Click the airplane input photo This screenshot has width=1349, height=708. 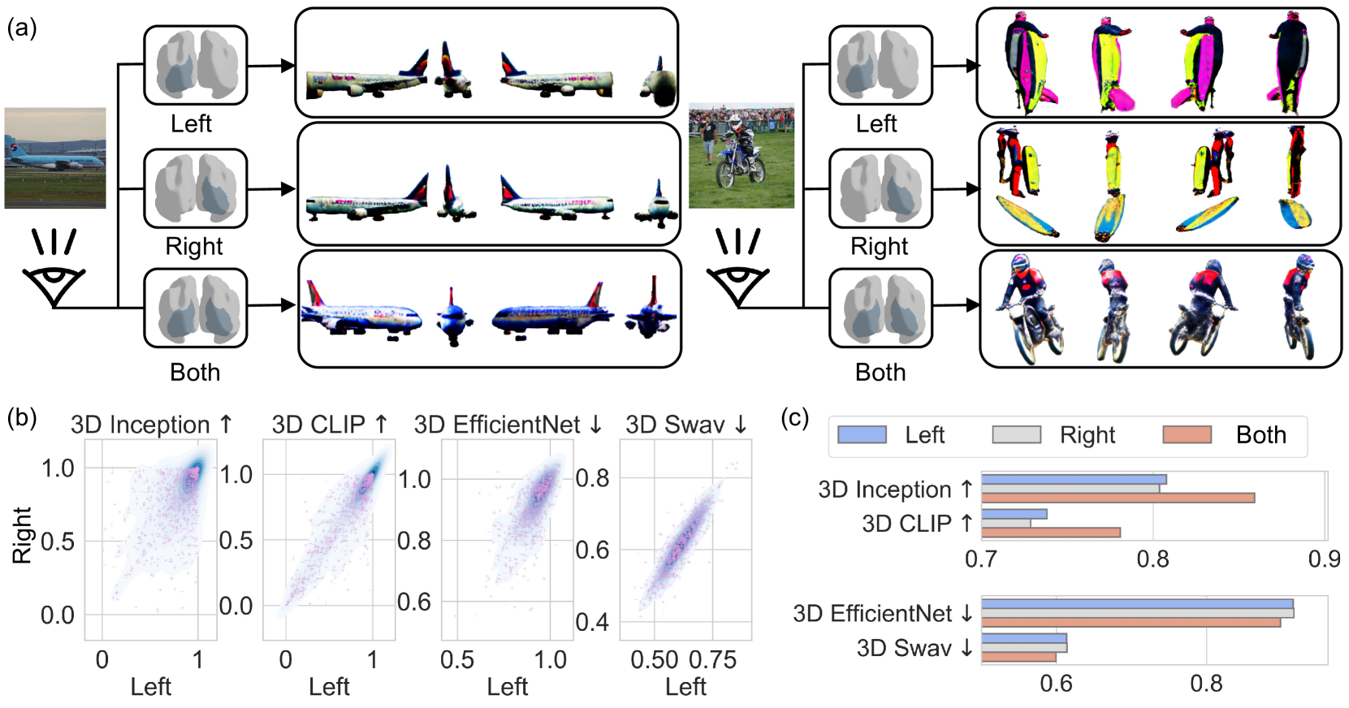click(x=55, y=158)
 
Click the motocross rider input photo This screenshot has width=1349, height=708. click(x=741, y=155)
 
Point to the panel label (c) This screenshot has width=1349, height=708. click(x=794, y=417)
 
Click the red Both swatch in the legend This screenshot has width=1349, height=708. click(x=1187, y=435)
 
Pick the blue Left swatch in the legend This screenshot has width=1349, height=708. click(x=861, y=435)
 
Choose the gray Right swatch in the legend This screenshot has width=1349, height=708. click(x=1016, y=435)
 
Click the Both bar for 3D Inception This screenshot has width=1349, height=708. click(x=1118, y=498)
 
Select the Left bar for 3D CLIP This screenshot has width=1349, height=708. click(x=1014, y=514)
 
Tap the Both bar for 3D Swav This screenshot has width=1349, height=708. click(x=1018, y=657)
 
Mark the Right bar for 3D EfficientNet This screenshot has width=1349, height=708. click(x=1137, y=613)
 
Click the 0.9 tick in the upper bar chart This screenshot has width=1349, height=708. click(x=1324, y=559)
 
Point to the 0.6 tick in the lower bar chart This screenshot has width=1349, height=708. click(x=1056, y=684)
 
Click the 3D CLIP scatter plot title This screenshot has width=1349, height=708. click(x=329, y=425)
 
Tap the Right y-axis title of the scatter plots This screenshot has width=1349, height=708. click(x=22, y=535)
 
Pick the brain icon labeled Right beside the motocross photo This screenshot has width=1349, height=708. click(x=880, y=188)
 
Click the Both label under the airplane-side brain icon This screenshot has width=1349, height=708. click(x=195, y=372)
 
